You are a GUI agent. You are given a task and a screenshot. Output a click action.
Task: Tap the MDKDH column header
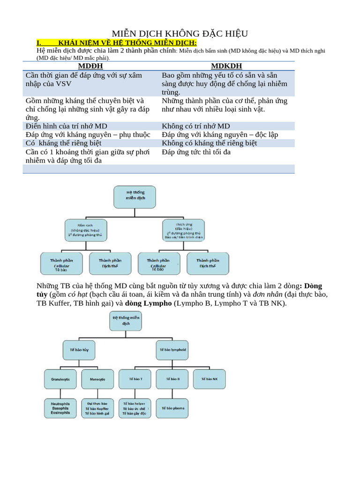pyautogui.click(x=226, y=66)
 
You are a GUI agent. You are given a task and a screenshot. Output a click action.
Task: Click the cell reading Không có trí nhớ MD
pyautogui.click(x=196, y=126)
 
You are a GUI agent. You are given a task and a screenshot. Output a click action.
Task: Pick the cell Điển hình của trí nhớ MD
pyautogui.click(x=67, y=126)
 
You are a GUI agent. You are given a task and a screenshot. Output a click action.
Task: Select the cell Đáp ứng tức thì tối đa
pyautogui.click(x=196, y=152)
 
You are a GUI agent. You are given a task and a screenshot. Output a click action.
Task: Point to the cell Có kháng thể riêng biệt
pyautogui.click(x=64, y=143)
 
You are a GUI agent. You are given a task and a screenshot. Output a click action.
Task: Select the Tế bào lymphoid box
pyautogui.click(x=173, y=350)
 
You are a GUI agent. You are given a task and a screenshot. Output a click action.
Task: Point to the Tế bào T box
pyautogui.click(x=134, y=379)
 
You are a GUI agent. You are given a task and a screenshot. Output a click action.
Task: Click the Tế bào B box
pyautogui.click(x=172, y=379)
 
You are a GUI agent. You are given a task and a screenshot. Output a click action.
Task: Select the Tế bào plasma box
pyautogui.click(x=172, y=408)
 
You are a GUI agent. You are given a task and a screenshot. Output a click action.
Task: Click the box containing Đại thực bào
pyautogui.click(x=97, y=408)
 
